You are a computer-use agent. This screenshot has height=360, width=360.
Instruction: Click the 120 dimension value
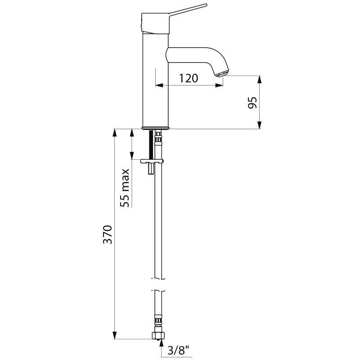pyautogui.click(x=189, y=78)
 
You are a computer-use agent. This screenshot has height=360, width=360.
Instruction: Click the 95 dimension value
pyautogui.click(x=252, y=103)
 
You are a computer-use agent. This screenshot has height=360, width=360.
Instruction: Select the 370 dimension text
pyautogui.click(x=107, y=235)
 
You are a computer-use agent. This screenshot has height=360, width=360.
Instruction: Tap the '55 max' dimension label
pyautogui.click(x=126, y=188)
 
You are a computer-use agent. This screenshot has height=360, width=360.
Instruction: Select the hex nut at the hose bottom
pyautogui.click(x=158, y=336)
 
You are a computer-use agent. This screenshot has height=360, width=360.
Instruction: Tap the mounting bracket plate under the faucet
pyautogui.click(x=152, y=160)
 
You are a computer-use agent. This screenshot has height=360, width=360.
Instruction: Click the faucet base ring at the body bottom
pyautogui.click(x=156, y=128)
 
